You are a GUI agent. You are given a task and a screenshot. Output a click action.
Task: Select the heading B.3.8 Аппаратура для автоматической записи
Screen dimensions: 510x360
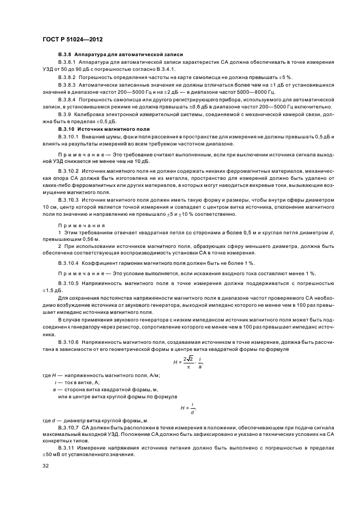pyautogui.click(x=120, y=56)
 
